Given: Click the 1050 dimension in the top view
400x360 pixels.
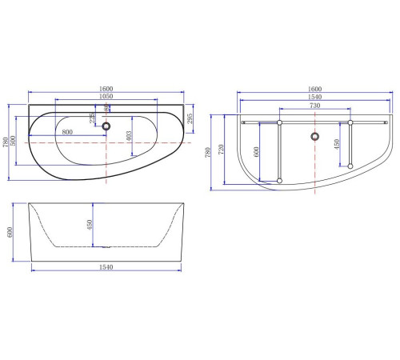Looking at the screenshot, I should pos(104,97).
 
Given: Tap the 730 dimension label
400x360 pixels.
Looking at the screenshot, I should pos(314,105).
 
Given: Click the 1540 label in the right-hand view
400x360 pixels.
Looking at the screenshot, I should pos(314,97).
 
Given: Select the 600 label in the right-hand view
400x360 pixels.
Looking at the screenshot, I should pos(257,154).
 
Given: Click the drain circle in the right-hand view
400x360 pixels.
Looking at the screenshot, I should pos(315,136).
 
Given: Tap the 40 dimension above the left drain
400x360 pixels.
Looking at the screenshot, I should pos(107,108).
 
